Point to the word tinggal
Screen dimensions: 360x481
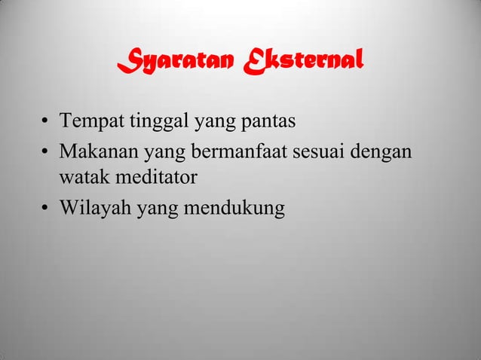152,121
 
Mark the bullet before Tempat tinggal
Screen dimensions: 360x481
46,121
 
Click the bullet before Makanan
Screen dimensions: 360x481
46,151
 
